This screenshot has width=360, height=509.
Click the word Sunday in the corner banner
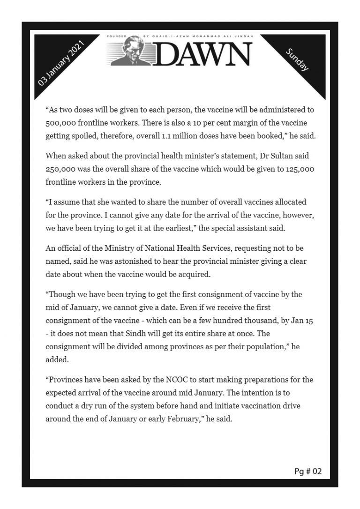tap(297, 60)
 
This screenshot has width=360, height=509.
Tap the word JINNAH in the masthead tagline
tap(239, 36)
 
